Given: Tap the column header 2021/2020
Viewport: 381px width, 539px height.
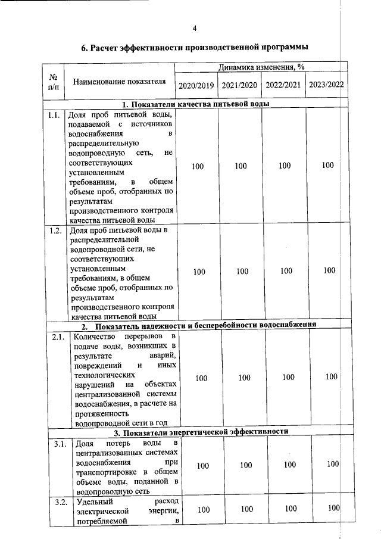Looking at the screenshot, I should [239, 85].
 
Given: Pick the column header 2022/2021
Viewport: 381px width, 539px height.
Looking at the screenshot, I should [283, 85].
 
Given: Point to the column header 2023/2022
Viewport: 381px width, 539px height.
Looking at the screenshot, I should [326, 85].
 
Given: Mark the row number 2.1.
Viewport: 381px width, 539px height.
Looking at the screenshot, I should [57, 338].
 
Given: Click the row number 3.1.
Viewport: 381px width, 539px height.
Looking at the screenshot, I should [60, 444].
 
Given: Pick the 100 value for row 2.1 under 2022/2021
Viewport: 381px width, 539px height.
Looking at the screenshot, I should [288, 377].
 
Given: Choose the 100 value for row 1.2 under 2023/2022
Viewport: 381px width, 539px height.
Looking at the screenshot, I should [329, 270].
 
